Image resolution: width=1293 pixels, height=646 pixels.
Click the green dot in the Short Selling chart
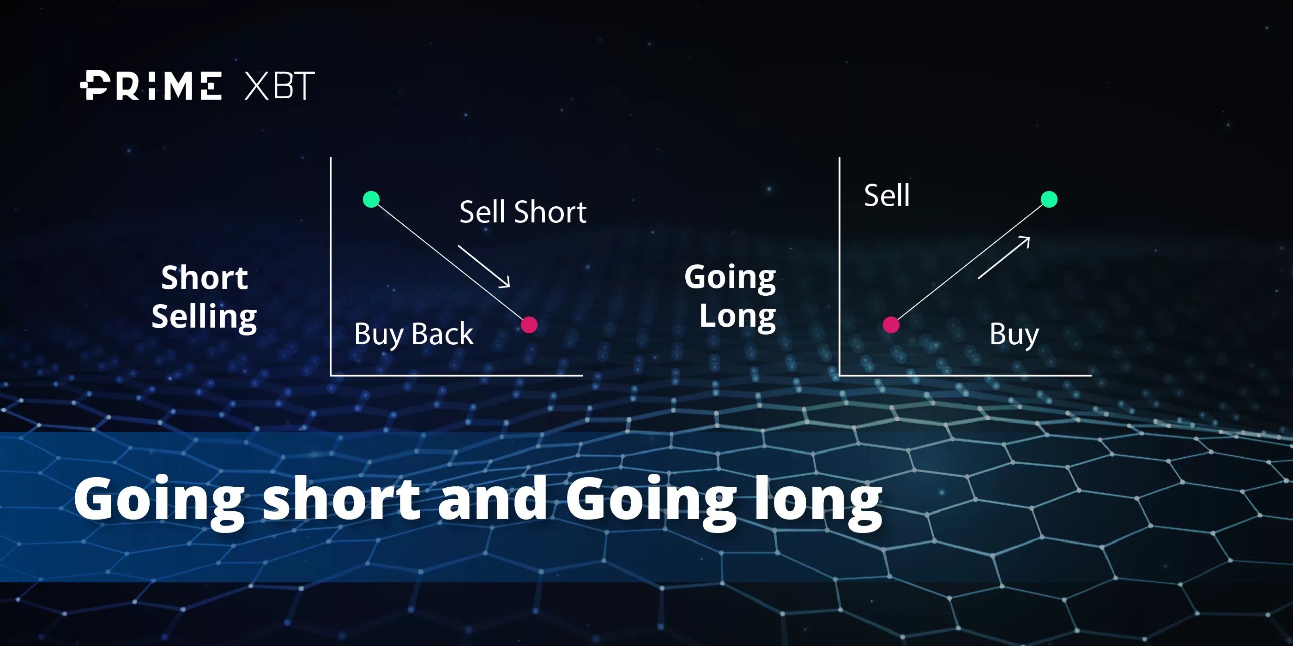click(x=371, y=199)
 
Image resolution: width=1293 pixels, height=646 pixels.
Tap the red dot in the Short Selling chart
click(x=529, y=325)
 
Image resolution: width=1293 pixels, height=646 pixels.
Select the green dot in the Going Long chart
click(x=1049, y=199)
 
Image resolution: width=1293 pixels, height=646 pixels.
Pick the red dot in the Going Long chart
click(x=891, y=325)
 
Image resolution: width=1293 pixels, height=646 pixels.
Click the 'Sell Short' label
click(x=523, y=212)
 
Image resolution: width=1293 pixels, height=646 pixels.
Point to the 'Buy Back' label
click(x=414, y=334)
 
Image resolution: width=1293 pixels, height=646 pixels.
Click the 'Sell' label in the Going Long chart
click(x=887, y=195)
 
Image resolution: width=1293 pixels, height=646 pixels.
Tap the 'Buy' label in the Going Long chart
click(x=1014, y=334)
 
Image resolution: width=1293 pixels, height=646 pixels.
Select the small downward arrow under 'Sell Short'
click(x=484, y=266)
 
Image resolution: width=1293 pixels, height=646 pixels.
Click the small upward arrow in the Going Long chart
click(x=1004, y=257)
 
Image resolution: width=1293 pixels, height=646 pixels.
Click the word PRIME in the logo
click(x=151, y=86)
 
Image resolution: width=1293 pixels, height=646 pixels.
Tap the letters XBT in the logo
click(x=279, y=86)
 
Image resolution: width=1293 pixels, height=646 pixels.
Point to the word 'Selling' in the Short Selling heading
click(x=204, y=317)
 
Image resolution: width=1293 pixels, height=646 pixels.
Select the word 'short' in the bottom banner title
click(x=341, y=499)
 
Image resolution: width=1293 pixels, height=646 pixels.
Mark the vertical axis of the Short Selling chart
click(x=330, y=266)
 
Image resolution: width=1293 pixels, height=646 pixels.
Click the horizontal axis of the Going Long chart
click(x=965, y=375)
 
